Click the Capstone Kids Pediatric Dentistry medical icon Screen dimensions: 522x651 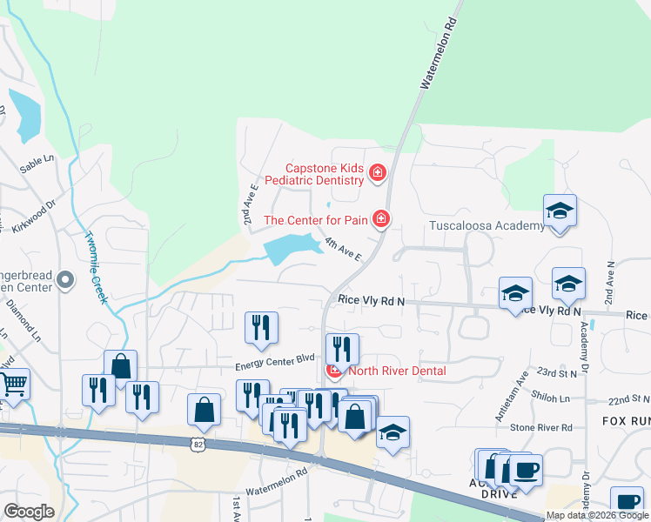378,173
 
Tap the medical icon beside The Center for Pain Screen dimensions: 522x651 380,219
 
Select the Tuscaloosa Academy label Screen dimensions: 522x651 487,225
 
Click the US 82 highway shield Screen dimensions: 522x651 199,444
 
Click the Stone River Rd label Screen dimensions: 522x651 540,427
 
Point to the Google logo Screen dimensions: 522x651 28,512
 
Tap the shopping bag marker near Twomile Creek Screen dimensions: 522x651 120,365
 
